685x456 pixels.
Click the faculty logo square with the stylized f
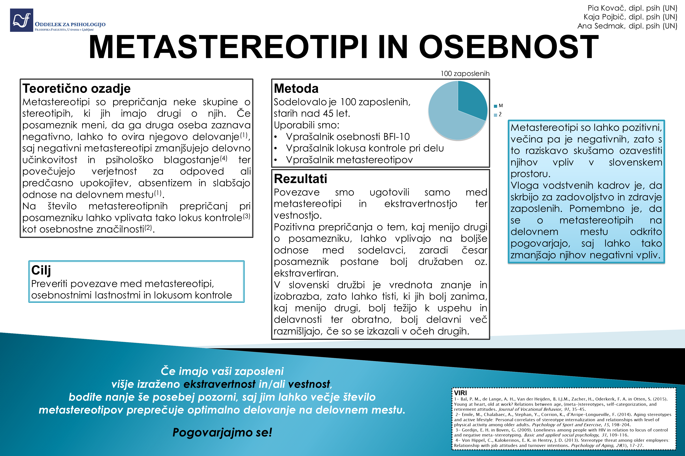point(22,20)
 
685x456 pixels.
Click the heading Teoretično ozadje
point(76,88)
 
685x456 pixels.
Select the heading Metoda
point(296,88)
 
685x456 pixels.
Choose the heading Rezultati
point(300,179)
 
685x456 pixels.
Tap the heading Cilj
point(41,270)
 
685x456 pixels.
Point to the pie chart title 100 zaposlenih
point(465,74)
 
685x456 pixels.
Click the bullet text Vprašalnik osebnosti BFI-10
point(348,137)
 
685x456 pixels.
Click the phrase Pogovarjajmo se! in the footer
point(222,432)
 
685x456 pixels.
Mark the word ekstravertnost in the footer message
point(220,384)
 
